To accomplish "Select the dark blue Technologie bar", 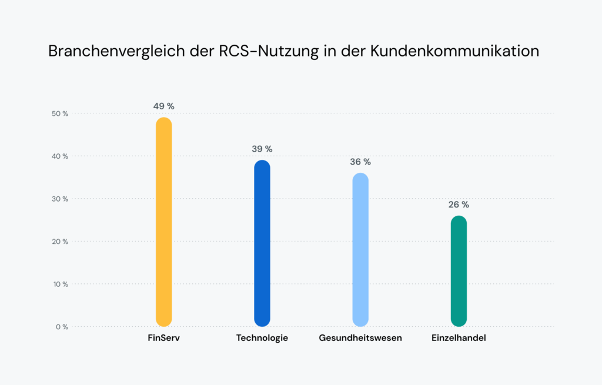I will tap(262, 243).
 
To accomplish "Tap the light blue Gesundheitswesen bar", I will tap(360, 250).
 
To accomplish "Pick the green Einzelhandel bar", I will tap(459, 271).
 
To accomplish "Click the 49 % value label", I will tap(163, 106).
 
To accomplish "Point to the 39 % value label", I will tap(262, 149).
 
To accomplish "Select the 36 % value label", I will tap(360, 162).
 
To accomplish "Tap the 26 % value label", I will tap(459, 205).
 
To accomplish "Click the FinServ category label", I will tap(163, 339).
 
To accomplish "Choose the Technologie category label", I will tap(262, 339).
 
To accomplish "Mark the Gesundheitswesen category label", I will tap(360, 339).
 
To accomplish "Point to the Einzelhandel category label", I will tap(459, 339).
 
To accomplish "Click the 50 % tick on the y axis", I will tap(60, 113).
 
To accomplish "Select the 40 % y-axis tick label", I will tap(60, 156).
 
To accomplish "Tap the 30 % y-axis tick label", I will tap(60, 199).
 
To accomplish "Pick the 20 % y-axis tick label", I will tap(60, 242).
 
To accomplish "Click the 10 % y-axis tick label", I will tap(60, 284).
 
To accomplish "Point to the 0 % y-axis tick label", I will tap(62, 327).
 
